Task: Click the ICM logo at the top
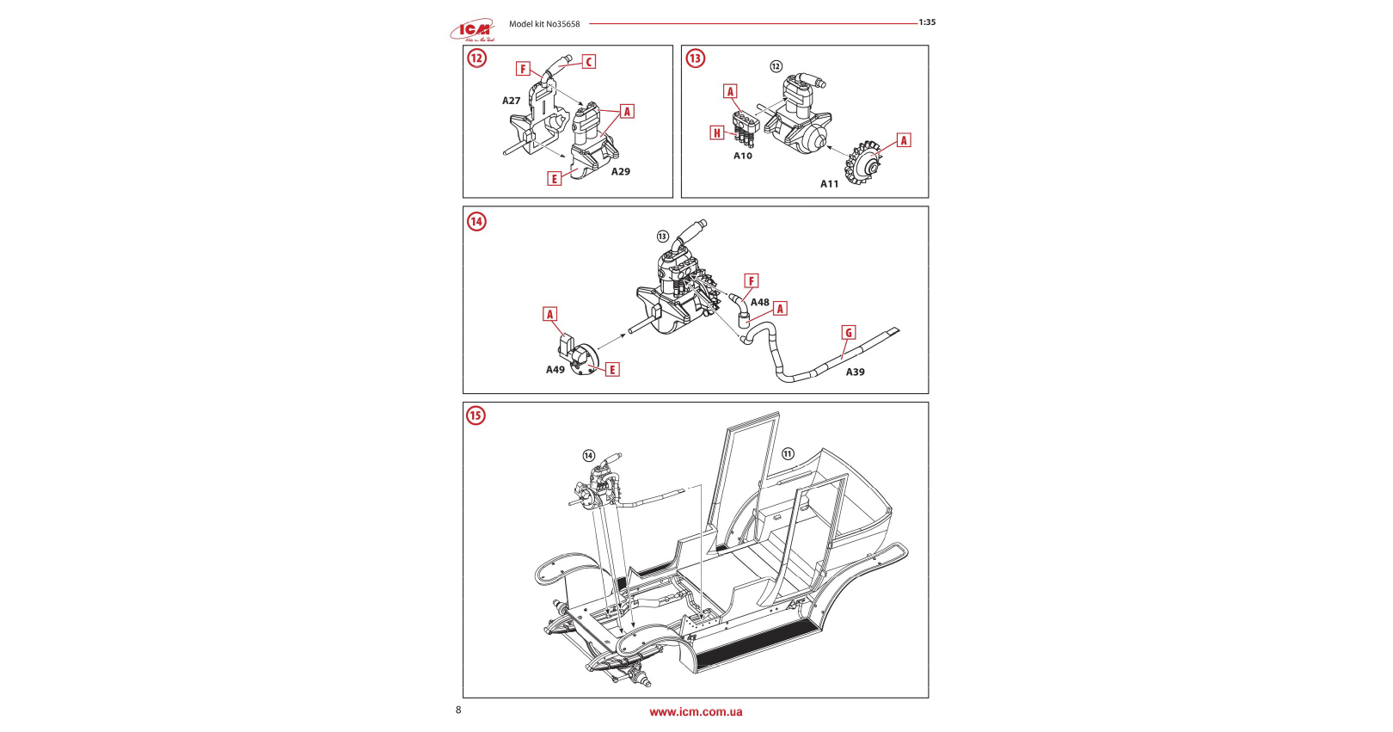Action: [x=472, y=31]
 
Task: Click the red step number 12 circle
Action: [x=477, y=58]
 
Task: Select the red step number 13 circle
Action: [x=695, y=58]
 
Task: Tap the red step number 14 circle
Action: [x=476, y=221]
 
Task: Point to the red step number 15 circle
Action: [x=476, y=415]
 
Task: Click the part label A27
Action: [x=512, y=101]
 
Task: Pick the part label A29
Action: [x=621, y=172]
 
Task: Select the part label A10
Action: [x=743, y=156]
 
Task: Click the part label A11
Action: [x=829, y=184]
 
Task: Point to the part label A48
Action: [x=760, y=303]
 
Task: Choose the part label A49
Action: [x=555, y=370]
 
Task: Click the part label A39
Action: [x=855, y=372]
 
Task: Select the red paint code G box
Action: [x=849, y=333]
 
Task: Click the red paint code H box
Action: [x=717, y=132]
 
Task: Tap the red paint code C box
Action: [x=589, y=62]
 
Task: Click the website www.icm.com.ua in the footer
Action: [x=696, y=712]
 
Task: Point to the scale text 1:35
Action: [x=927, y=22]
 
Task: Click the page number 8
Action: [x=458, y=710]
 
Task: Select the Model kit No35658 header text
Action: [x=544, y=24]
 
